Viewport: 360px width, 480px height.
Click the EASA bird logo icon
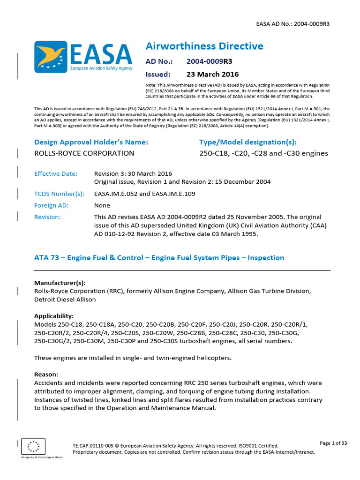pos(51,57)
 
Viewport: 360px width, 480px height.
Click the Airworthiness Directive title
pos(204,46)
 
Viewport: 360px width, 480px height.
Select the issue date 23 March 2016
pos(212,74)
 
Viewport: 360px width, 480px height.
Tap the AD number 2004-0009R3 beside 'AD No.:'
pos(209,61)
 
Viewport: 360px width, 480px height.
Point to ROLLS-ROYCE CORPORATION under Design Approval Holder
pos(84,153)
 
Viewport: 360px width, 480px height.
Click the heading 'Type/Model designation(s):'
pos(247,142)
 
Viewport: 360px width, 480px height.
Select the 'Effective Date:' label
pos(56,173)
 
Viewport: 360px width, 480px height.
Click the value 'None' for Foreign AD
pos(102,205)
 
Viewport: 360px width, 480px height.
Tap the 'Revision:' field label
pos(47,217)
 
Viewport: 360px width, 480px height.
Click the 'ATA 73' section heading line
pos(159,258)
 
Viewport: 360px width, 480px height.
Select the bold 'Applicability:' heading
pos(54,316)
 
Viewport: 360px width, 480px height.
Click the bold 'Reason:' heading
pos(46,375)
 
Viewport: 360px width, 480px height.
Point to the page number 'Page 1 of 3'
pos(333,443)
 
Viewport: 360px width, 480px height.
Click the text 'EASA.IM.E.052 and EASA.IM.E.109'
pos(144,193)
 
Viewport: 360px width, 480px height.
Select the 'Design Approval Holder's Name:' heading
pos(91,142)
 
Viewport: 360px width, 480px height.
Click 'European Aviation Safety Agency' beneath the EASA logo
pos(101,68)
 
